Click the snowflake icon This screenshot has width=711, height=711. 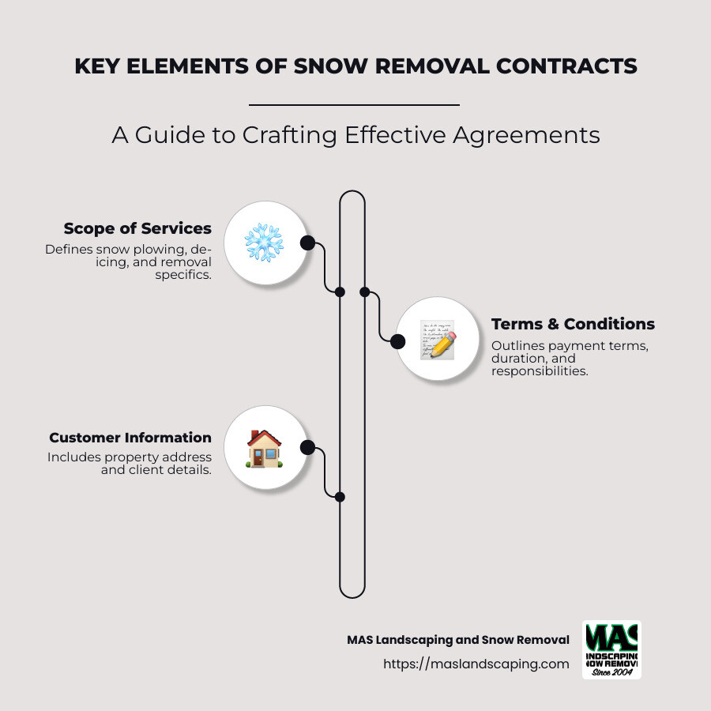pyautogui.click(x=264, y=243)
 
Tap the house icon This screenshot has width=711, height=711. pyautogui.click(x=264, y=449)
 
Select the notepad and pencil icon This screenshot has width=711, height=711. pyautogui.click(x=438, y=340)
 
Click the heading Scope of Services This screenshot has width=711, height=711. pyautogui.click(x=137, y=228)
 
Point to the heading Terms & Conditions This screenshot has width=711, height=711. pyautogui.click(x=573, y=324)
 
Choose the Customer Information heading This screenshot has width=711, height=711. pyautogui.click(x=130, y=438)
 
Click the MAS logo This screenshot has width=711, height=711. pyautogui.click(x=611, y=649)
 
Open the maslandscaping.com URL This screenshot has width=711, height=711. pyautogui.click(x=476, y=664)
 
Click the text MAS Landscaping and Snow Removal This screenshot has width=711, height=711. pyautogui.click(x=458, y=640)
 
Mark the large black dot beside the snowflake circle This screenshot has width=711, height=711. pyautogui.click(x=307, y=243)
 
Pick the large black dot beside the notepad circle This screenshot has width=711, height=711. pyautogui.click(x=398, y=341)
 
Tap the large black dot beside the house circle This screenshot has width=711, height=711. pyautogui.click(x=308, y=448)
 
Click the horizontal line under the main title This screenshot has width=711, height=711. pyautogui.click(x=354, y=104)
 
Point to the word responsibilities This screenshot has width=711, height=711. pyautogui.click(x=540, y=371)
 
